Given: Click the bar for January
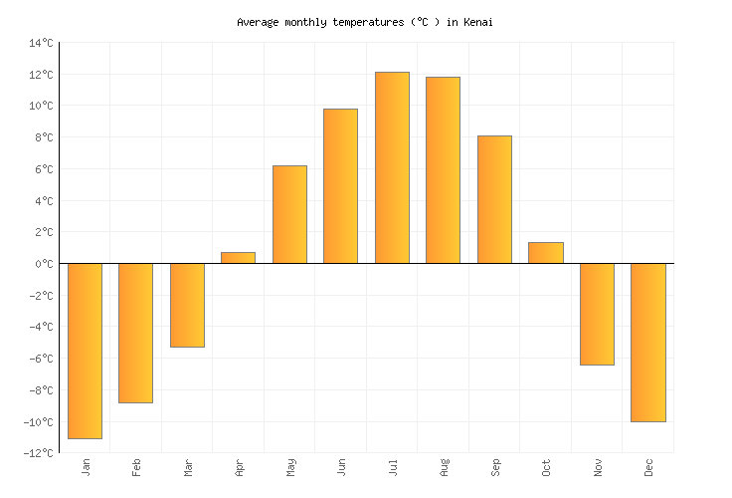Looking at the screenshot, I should pyautogui.click(x=85, y=351).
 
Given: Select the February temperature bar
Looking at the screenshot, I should pyautogui.click(x=135, y=333).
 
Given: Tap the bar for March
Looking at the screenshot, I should pyautogui.click(x=187, y=305).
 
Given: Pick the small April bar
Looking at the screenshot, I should pyautogui.click(x=238, y=258).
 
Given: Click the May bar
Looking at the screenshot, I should pyautogui.click(x=289, y=214).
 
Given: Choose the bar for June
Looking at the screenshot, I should pyautogui.click(x=340, y=186).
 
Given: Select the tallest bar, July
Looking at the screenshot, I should pyautogui.click(x=392, y=167).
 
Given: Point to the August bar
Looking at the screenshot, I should pyautogui.click(x=443, y=170).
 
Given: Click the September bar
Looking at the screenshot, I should pyautogui.click(x=494, y=199).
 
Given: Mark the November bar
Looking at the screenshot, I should pyautogui.click(x=597, y=314).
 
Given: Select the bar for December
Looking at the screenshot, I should pyautogui.click(x=647, y=343).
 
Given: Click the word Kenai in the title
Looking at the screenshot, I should pyautogui.click(x=477, y=21).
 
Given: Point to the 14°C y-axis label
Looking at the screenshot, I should pyautogui.click(x=42, y=43).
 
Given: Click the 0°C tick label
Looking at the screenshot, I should pyautogui.click(x=44, y=264).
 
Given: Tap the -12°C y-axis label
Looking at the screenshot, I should pyautogui.click(x=40, y=453).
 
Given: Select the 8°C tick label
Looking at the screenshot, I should pyautogui.click(x=44, y=137).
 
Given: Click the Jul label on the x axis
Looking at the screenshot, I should pyautogui.click(x=392, y=466).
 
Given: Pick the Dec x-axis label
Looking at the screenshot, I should pyautogui.click(x=647, y=466).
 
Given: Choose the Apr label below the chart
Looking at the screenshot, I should pyautogui.click(x=239, y=466).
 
